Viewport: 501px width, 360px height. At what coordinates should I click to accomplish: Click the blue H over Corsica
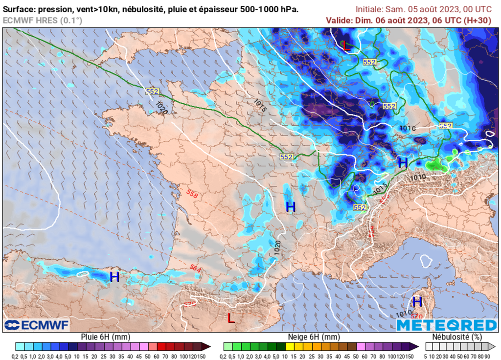pos(417,302)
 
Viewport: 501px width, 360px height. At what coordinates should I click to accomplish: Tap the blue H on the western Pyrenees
pos(114,277)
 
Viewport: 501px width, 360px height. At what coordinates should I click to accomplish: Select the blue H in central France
pos(291,207)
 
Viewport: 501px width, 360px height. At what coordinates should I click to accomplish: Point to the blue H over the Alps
pos(403,163)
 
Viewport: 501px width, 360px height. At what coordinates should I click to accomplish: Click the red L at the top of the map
pos(346,47)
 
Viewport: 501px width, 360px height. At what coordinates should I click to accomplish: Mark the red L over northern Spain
pos(231,318)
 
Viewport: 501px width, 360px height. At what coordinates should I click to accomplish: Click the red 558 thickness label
pos(192,194)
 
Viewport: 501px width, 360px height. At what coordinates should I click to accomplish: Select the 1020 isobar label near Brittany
pos(161,108)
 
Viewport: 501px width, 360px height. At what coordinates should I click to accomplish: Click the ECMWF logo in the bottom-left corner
pos(37,325)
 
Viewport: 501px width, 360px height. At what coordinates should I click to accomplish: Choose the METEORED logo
pos(446,325)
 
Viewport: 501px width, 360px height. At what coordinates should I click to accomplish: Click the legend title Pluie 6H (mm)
pos(106,337)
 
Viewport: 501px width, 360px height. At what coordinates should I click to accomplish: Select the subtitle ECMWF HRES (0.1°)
pos(43,20)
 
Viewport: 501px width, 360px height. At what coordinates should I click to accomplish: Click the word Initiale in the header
pos(369,9)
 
